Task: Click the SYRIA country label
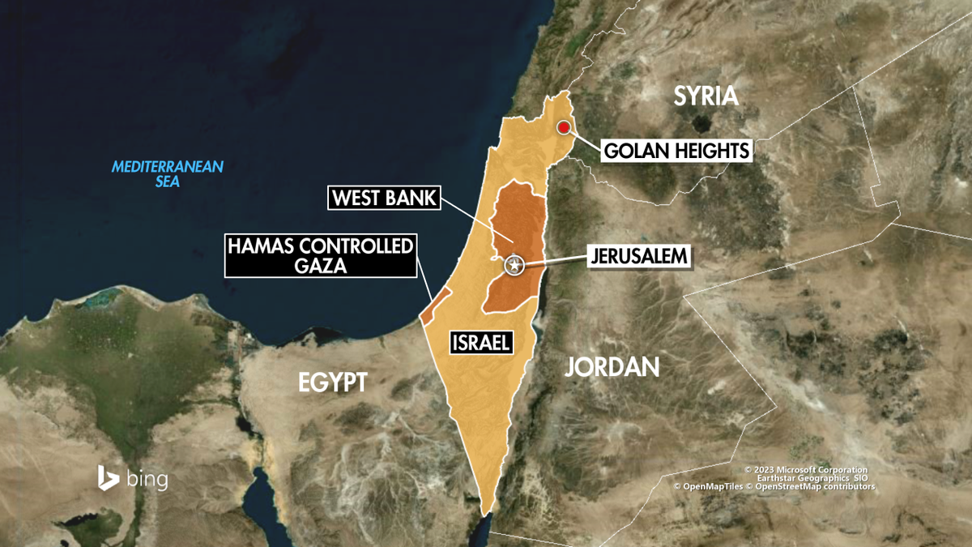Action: pyautogui.click(x=707, y=96)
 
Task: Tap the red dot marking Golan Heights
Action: pyautogui.click(x=563, y=127)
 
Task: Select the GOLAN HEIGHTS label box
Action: pyautogui.click(x=676, y=151)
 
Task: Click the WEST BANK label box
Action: pyautogui.click(x=384, y=199)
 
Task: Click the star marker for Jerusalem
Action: pyautogui.click(x=514, y=264)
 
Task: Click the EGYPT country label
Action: pyautogui.click(x=333, y=382)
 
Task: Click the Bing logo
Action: pyautogui.click(x=133, y=478)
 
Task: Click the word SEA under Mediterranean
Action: pyautogui.click(x=168, y=182)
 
